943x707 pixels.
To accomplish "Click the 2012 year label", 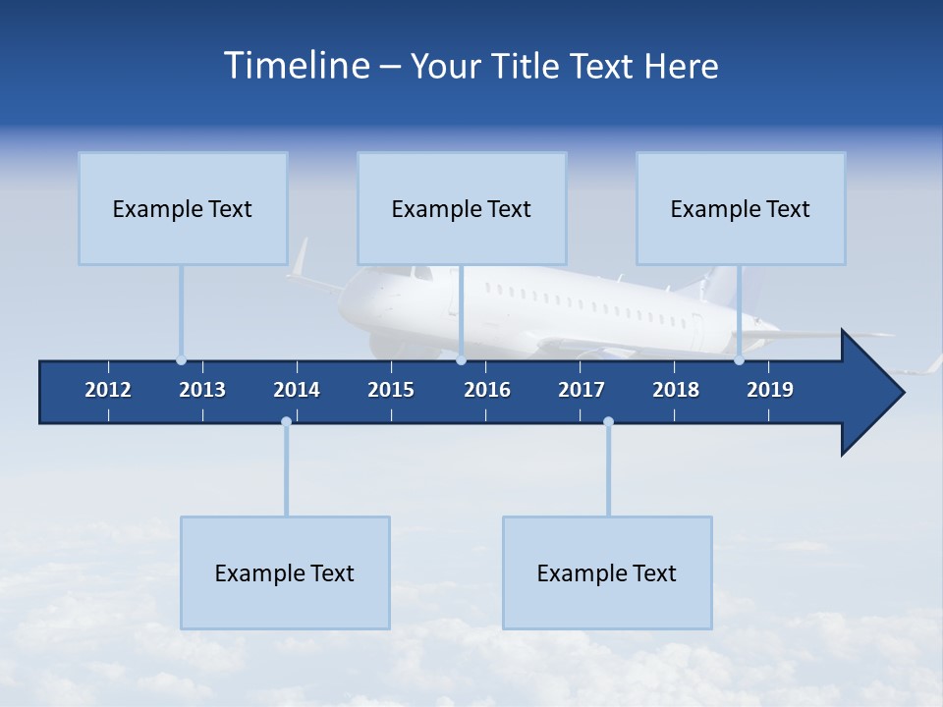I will point(108,390).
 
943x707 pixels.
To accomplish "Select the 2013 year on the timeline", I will point(202,390).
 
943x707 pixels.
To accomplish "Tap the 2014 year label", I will point(297,390).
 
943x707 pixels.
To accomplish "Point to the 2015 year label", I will point(391,390).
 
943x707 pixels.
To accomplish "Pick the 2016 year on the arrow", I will point(487,390).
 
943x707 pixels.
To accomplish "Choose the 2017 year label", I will point(582,390).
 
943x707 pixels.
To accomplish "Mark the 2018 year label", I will point(676,390).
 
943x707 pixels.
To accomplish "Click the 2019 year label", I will point(770,390).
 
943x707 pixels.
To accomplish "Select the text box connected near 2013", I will point(183,208).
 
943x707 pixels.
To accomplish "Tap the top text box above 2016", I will point(462,208).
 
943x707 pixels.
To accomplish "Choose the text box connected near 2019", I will point(741,208).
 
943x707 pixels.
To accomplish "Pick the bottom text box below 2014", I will point(285,572).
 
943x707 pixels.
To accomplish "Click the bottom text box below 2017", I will point(607,572).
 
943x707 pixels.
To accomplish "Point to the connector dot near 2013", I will point(182,360).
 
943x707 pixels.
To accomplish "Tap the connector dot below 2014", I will point(286,422).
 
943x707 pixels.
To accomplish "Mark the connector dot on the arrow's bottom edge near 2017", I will point(608,422).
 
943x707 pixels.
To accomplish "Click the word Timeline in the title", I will point(295,66).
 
